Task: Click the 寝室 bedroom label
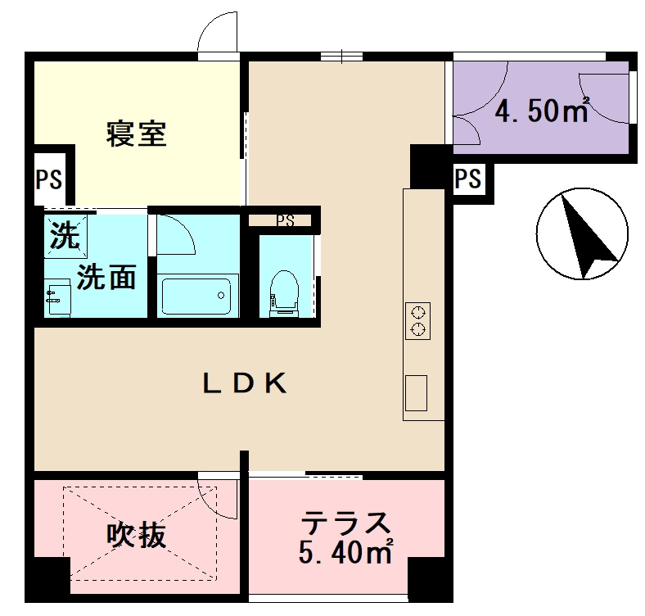[x=136, y=134]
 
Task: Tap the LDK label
[x=245, y=383]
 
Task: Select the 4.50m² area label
[x=542, y=111]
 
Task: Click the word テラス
[x=345, y=523]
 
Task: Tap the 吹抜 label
[x=138, y=536]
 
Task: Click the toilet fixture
[x=284, y=292]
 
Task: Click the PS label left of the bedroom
[x=48, y=179]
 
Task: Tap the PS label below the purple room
[x=467, y=179]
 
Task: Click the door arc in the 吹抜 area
[x=216, y=496]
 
